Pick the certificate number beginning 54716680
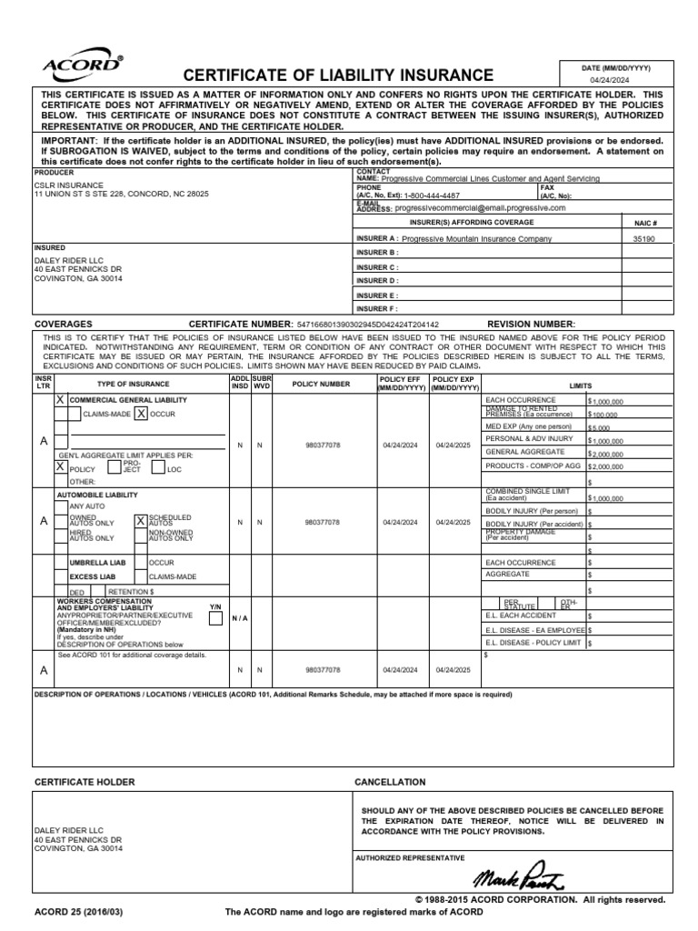click(361, 325)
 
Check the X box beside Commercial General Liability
click(61, 400)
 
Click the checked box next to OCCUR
click(141, 414)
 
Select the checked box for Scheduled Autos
click(140, 521)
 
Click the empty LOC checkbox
click(157, 468)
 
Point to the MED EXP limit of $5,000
click(600, 426)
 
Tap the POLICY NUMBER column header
click(320, 384)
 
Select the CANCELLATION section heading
click(389, 782)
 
